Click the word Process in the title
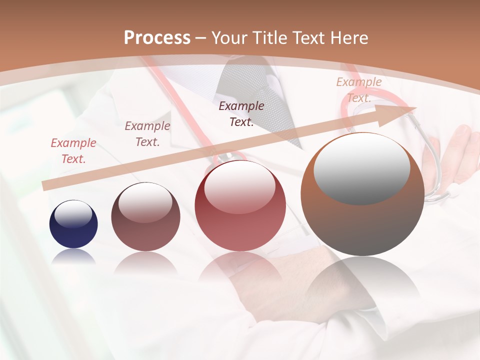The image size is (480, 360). click(157, 38)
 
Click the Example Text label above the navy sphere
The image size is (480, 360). click(73, 151)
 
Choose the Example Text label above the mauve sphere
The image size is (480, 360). click(147, 134)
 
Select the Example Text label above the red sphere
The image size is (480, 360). click(241, 114)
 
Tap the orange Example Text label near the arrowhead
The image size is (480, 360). click(359, 90)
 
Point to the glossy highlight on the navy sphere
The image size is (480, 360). click(73, 214)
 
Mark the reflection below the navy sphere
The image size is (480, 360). click(73, 257)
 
